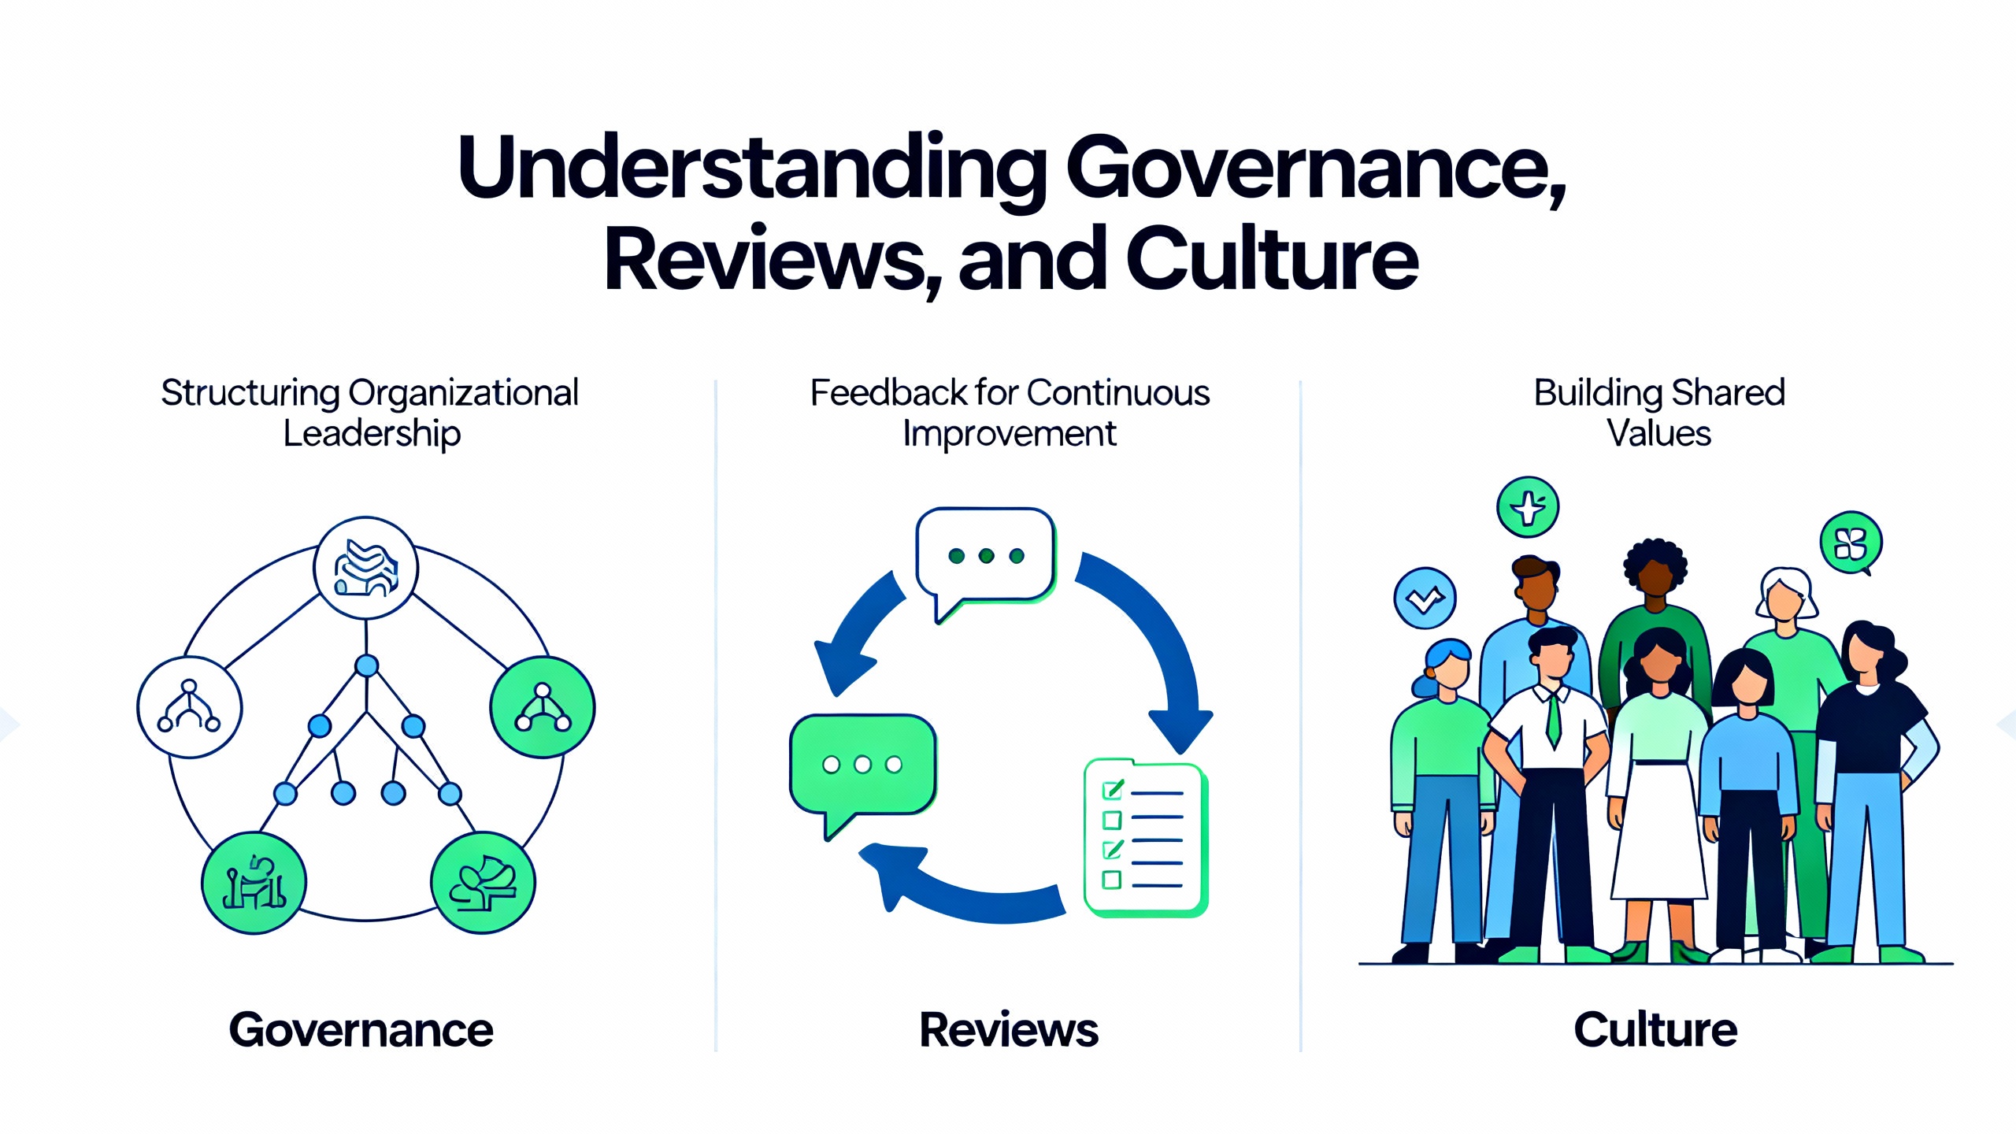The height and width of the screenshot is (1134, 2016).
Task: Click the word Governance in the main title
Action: click(x=1315, y=169)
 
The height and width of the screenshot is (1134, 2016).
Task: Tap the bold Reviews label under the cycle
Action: click(x=1009, y=1030)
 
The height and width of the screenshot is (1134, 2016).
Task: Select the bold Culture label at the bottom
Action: click(x=1655, y=1030)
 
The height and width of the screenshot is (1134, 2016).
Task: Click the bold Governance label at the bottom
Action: click(x=361, y=1030)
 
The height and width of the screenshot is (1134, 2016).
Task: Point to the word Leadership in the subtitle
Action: click(x=372, y=434)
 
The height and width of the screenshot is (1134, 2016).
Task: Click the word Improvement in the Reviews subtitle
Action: click(x=1009, y=434)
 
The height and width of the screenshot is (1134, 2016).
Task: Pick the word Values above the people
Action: click(x=1658, y=434)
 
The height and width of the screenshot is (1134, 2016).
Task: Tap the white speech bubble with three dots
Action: click(x=984, y=556)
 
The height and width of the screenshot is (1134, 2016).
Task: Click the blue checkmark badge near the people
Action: click(x=1425, y=598)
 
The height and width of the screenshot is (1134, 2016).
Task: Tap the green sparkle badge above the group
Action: click(x=1528, y=507)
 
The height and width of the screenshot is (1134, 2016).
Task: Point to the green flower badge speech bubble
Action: click(x=1851, y=543)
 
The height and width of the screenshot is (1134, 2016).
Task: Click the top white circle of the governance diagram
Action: click(x=366, y=568)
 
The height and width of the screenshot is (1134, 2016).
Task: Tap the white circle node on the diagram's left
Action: click(x=190, y=706)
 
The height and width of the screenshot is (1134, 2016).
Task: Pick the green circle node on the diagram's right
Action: click(x=543, y=706)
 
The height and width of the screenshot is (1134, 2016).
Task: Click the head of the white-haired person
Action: click(x=1786, y=595)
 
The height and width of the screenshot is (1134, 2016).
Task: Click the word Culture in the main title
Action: click(x=1272, y=260)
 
